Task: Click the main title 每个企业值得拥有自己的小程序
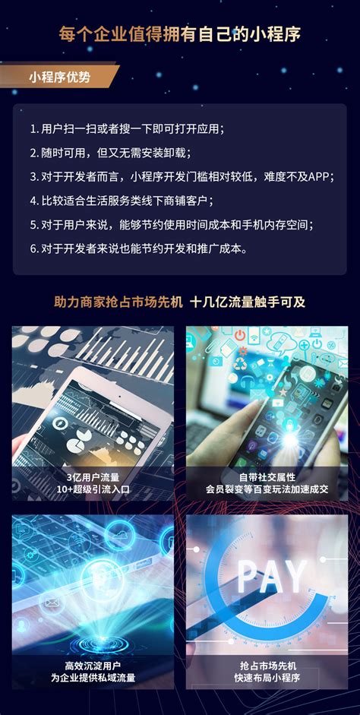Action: [x=180, y=34]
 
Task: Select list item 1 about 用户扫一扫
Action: [x=128, y=128]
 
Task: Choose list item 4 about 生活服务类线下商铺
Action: [x=122, y=201]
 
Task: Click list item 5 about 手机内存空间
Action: [x=172, y=225]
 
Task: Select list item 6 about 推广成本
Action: [x=138, y=248]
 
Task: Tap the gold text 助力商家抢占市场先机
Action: [x=118, y=302]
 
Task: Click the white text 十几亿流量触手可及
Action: [x=248, y=302]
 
